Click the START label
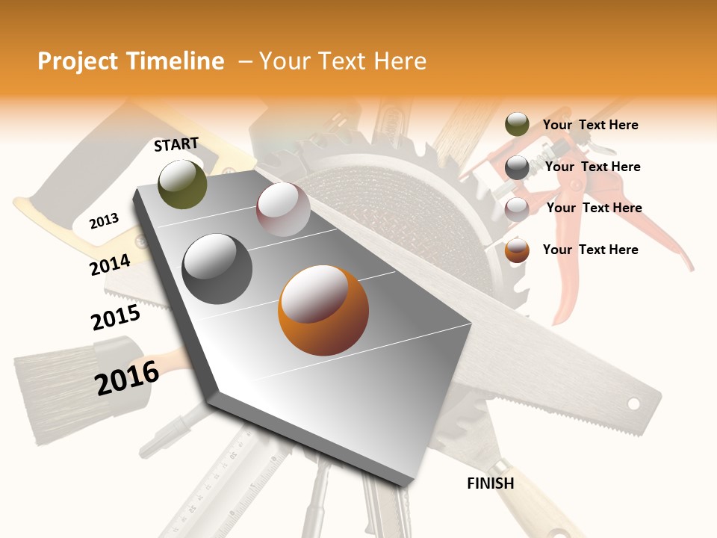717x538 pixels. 176,144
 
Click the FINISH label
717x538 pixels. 491,483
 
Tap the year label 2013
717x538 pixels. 104,220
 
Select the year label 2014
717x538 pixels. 110,265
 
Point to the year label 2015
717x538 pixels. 116,317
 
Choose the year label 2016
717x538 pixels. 127,377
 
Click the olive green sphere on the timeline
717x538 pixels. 183,184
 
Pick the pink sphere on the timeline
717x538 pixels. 283,209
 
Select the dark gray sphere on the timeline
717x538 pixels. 217,269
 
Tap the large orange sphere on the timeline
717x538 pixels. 323,310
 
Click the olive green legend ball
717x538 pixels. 517,125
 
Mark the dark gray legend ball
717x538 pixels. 517,167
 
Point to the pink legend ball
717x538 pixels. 517,208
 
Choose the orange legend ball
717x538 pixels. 517,250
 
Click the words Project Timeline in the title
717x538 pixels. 131,61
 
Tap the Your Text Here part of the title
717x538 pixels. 342,61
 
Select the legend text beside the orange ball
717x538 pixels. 590,250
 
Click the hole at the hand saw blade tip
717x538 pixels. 633,403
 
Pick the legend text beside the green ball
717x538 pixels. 590,125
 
